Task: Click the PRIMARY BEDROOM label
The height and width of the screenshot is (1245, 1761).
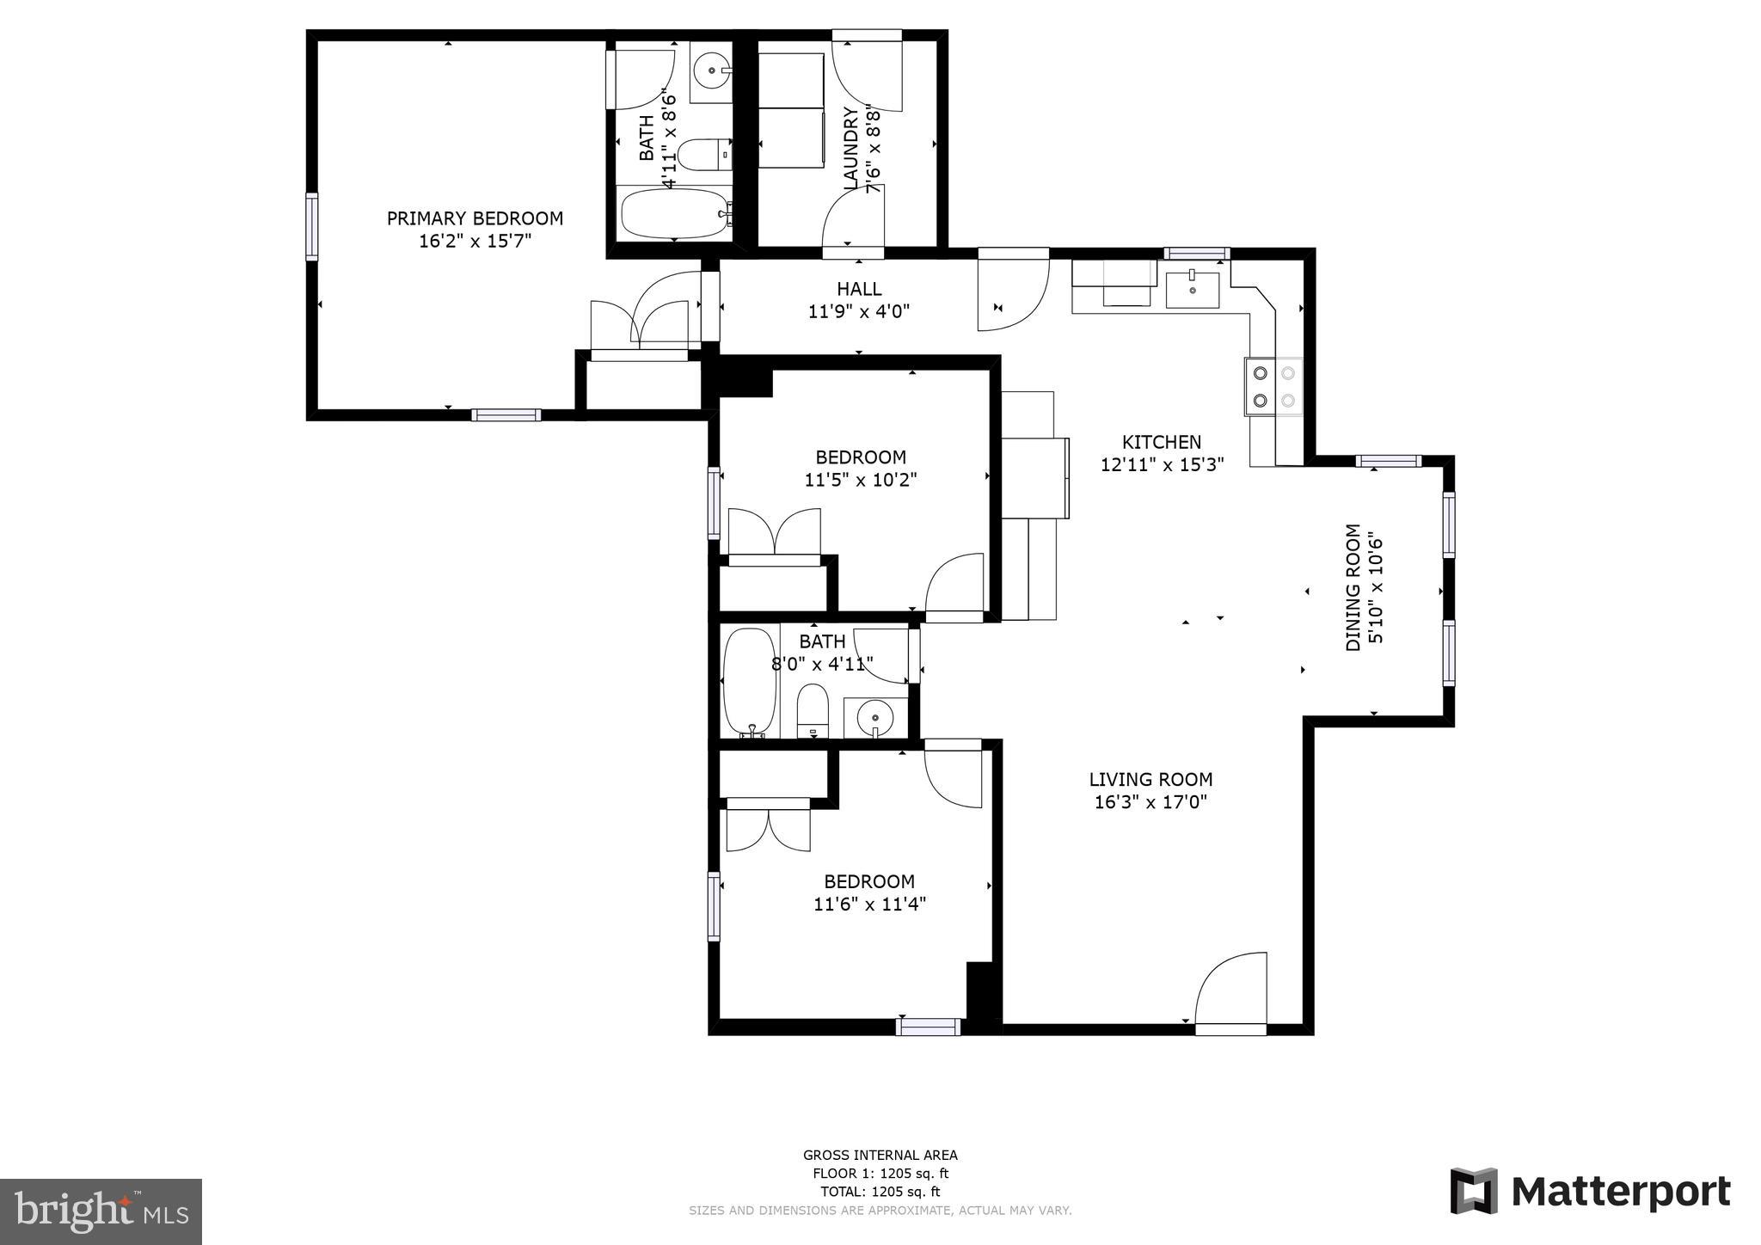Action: (x=475, y=218)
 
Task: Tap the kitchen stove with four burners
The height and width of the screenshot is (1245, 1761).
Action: (x=1273, y=386)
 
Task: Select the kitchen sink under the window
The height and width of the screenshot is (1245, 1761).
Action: (x=1193, y=290)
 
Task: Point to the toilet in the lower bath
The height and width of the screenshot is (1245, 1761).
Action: (x=812, y=712)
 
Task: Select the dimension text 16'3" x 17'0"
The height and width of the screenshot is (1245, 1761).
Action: (x=1150, y=802)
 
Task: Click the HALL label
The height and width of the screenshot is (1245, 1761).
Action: (x=859, y=289)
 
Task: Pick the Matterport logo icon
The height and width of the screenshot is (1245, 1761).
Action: (x=1474, y=1191)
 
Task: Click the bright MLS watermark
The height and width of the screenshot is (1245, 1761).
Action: (x=101, y=1211)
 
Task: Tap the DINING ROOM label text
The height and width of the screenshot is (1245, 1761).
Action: (x=1353, y=587)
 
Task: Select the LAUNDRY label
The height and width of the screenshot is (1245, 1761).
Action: (x=851, y=148)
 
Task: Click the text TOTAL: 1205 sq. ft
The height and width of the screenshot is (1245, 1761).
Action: (x=880, y=1192)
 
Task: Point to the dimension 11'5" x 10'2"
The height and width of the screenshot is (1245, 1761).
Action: (x=861, y=480)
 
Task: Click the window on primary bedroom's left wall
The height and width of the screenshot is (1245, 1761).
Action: (x=311, y=226)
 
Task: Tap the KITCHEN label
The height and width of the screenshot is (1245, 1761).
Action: (x=1162, y=442)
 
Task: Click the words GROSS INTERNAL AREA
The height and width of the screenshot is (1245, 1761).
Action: (x=880, y=1155)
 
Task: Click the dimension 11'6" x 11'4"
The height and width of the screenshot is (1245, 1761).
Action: (x=869, y=904)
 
